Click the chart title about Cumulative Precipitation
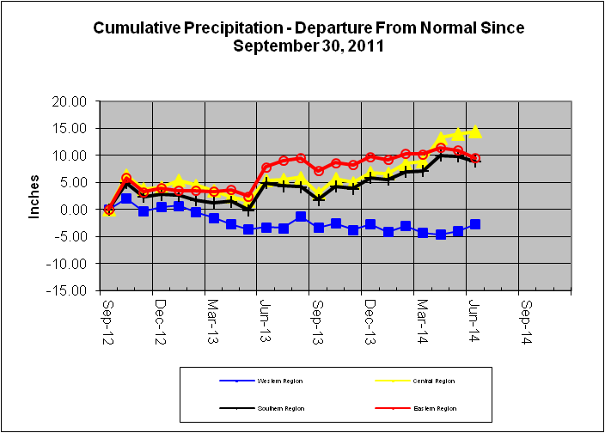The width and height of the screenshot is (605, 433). click(x=309, y=36)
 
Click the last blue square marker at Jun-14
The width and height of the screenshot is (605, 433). click(x=475, y=224)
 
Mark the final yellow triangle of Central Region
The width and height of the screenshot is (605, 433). click(x=475, y=132)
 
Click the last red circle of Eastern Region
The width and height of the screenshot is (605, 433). click(x=475, y=158)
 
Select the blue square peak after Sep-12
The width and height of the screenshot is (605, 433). click(x=126, y=198)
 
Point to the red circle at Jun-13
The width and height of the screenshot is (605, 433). click(x=266, y=167)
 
